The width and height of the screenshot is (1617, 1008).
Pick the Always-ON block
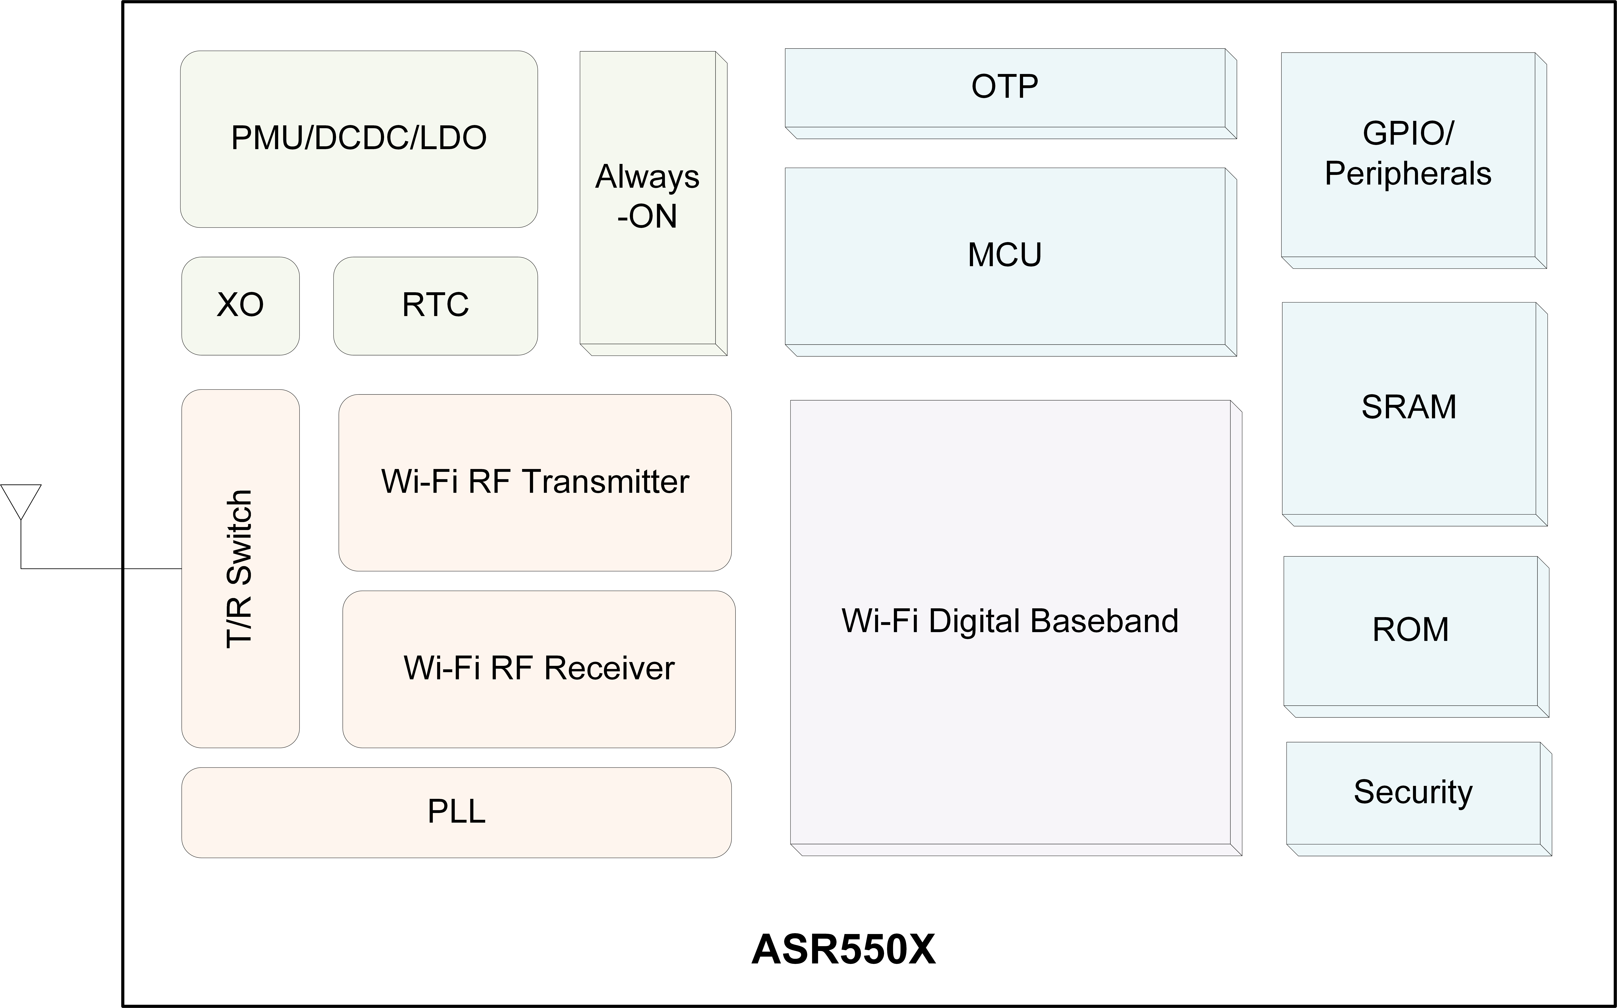(653, 203)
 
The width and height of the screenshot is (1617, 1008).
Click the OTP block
(1010, 93)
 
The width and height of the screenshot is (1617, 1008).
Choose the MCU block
(1010, 262)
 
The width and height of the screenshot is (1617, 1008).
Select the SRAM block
(1414, 414)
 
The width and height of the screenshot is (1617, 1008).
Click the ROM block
(1416, 637)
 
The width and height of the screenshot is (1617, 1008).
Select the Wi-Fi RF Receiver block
(539, 669)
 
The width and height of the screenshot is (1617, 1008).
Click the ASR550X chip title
(843, 949)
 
